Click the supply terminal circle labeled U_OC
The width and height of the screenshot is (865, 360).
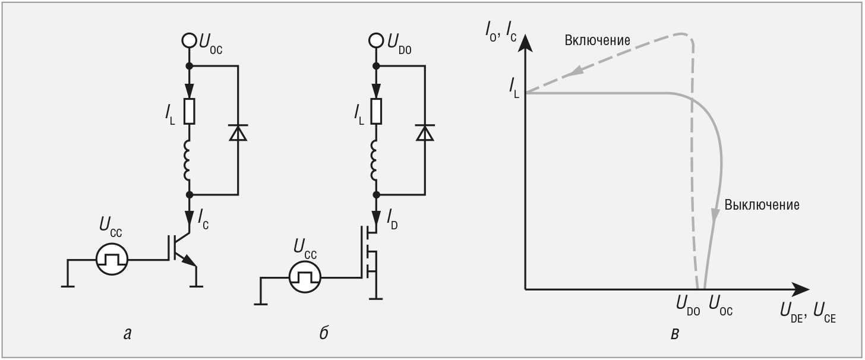click(x=189, y=40)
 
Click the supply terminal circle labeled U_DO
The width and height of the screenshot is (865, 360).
click(x=376, y=40)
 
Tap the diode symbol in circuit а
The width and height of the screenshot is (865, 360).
click(x=238, y=132)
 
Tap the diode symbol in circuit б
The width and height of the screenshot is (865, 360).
click(x=425, y=132)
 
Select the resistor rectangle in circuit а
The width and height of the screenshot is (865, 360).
click(x=189, y=111)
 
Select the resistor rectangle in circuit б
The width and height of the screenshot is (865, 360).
click(x=376, y=111)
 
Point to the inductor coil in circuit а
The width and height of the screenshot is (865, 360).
click(x=188, y=160)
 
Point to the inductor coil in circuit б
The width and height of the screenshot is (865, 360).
click(x=374, y=160)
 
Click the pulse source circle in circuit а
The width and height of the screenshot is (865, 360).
click(x=112, y=259)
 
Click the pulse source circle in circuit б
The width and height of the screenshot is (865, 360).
click(x=305, y=277)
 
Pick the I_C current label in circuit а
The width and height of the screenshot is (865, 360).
click(x=204, y=220)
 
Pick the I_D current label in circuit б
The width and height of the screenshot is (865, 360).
click(x=392, y=220)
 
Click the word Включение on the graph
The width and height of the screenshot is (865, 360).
click(x=598, y=40)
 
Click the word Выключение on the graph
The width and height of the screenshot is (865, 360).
click(x=762, y=205)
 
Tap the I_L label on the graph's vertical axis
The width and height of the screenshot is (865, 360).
click(x=514, y=87)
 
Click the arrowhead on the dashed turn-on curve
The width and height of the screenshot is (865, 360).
click(x=576, y=70)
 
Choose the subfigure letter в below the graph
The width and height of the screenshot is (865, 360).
click(x=675, y=333)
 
